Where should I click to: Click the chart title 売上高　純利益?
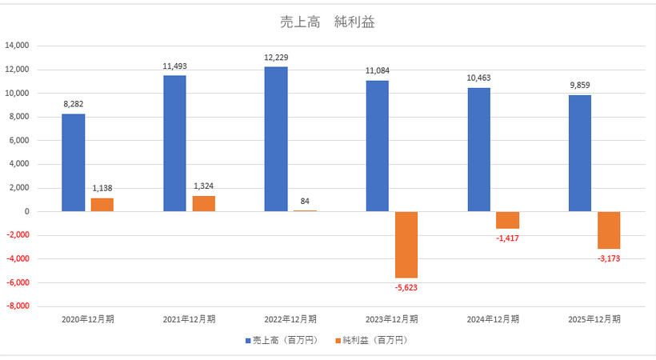[x=329, y=22]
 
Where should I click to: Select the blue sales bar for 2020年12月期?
[x=74, y=163]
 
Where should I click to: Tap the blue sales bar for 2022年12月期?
[x=276, y=139]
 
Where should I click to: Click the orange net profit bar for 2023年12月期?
[x=406, y=244]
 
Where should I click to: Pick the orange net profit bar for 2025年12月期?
[x=608, y=230]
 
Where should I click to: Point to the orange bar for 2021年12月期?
[x=204, y=204]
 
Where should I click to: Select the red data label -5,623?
[x=406, y=286]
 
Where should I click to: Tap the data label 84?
[x=305, y=202]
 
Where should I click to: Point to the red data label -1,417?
[x=507, y=238]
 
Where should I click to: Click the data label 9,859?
[x=580, y=86]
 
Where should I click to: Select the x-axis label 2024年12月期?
[x=493, y=319]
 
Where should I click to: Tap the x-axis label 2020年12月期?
[x=88, y=319]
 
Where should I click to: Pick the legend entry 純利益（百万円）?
[x=375, y=340]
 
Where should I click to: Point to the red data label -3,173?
[x=608, y=258]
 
